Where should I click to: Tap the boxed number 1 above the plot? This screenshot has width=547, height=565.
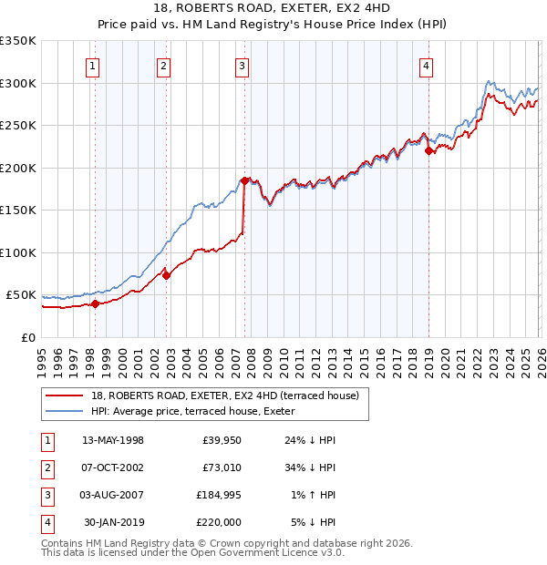[94, 65]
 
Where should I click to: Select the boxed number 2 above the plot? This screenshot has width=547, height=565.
[162, 65]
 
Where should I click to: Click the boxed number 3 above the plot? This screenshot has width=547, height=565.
[242, 65]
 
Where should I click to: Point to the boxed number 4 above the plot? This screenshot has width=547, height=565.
[427, 65]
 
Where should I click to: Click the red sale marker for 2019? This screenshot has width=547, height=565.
[428, 151]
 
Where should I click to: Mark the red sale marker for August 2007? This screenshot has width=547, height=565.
[244, 180]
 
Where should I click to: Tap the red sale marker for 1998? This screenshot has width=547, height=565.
[95, 304]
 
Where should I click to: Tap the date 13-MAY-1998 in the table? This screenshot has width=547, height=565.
[113, 440]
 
